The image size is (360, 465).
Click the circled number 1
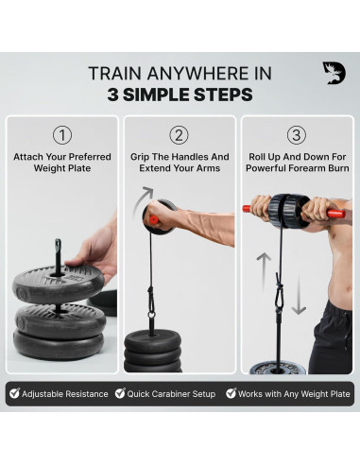(x=61, y=134)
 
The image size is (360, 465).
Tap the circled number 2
(x=180, y=134)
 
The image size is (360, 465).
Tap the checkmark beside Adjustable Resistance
(x=14, y=393)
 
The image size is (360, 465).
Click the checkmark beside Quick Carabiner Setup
(x=120, y=393)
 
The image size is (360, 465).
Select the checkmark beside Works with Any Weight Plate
(x=231, y=393)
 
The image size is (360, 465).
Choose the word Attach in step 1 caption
(x=31, y=157)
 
